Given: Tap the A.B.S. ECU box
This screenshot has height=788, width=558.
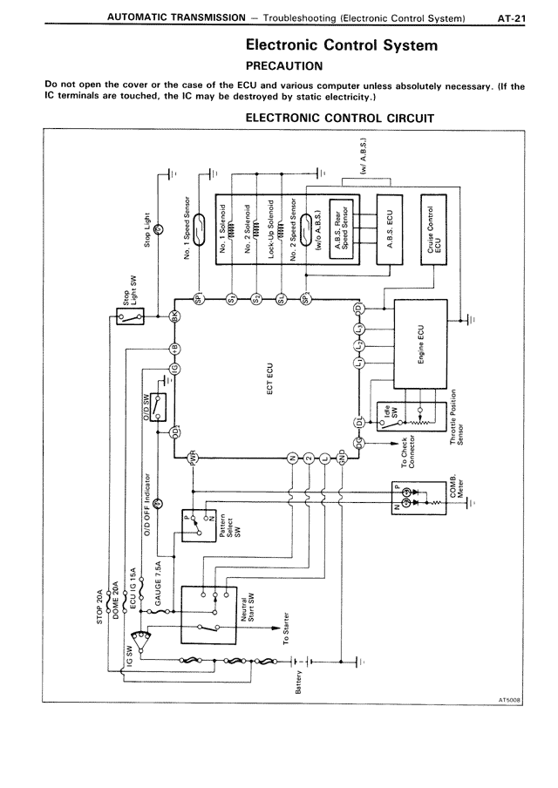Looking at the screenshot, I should tap(392, 228).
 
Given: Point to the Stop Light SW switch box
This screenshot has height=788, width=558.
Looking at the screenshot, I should tap(124, 319).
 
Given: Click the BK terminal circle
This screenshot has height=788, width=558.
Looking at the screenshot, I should tap(175, 316).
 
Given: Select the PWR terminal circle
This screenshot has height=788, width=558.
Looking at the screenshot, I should tap(193, 456).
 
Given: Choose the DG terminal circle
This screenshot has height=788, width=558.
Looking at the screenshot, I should tap(358, 442).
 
